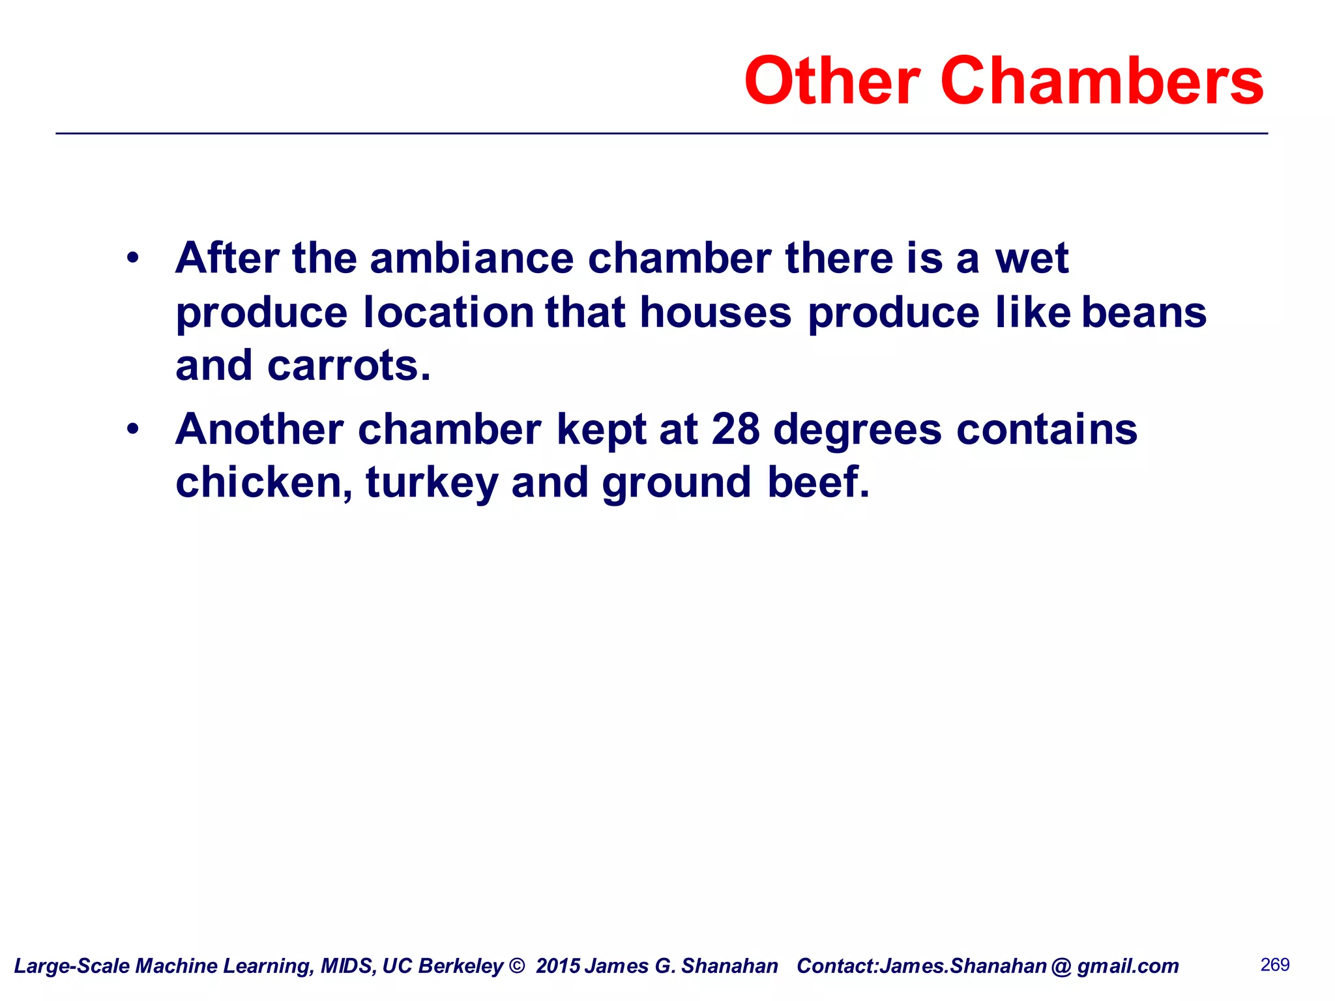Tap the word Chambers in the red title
click(x=1102, y=81)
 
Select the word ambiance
click(x=472, y=258)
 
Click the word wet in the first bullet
click(x=1031, y=258)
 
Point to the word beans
click(x=1144, y=313)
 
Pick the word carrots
click(x=349, y=366)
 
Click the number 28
click(x=735, y=429)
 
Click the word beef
click(x=818, y=483)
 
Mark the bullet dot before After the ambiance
click(x=133, y=258)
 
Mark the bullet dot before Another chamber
click(x=133, y=429)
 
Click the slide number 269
click(x=1275, y=965)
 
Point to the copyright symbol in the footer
click(x=517, y=966)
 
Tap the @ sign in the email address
click(x=1061, y=966)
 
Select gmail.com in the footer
click(x=1128, y=966)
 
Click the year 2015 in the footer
click(x=558, y=966)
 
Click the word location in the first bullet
click(x=449, y=313)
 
